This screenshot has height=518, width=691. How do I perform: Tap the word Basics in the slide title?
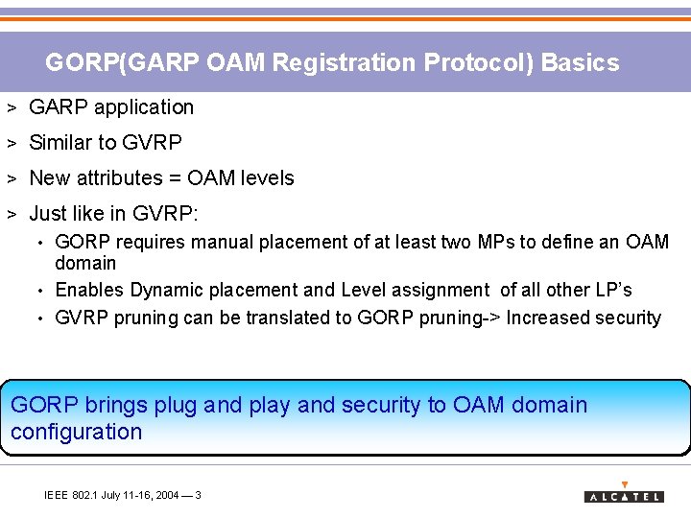pos(580,63)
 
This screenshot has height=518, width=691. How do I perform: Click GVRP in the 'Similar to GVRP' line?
pos(153,143)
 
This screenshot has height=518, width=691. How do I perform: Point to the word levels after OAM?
pos(269,178)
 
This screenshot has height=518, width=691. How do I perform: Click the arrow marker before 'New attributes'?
pos(12,178)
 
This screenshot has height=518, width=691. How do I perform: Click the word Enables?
pos(90,290)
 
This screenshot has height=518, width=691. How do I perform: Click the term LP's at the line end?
pos(613,290)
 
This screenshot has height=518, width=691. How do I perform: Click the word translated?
pos(284,318)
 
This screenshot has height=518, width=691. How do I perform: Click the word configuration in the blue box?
pos(76,432)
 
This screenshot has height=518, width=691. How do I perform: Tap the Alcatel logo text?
pos(623,496)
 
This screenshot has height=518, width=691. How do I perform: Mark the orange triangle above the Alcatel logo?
pos(625,484)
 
